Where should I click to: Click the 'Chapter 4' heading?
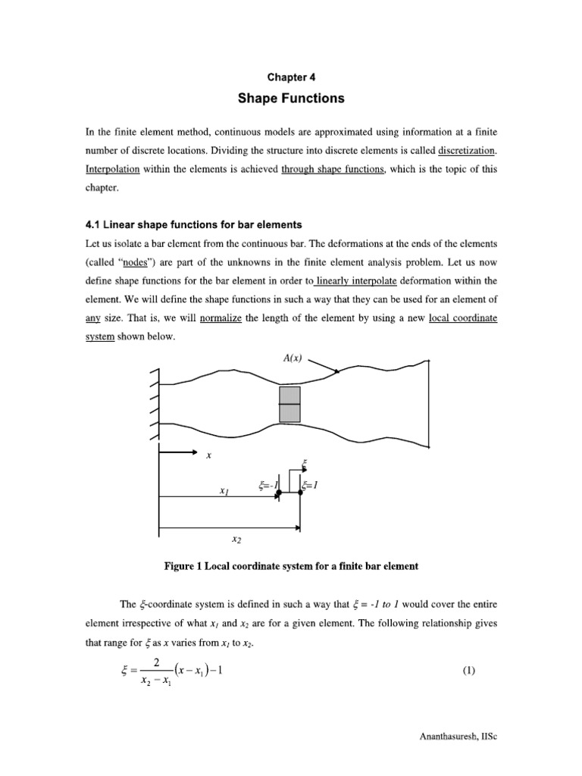tap(291, 77)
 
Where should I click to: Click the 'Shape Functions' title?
tap(291, 99)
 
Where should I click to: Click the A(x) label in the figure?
tap(291, 359)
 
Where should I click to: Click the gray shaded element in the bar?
tap(290, 405)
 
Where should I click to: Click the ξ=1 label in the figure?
tap(311, 484)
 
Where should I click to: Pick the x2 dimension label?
tap(237, 539)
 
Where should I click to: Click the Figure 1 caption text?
tap(291, 566)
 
